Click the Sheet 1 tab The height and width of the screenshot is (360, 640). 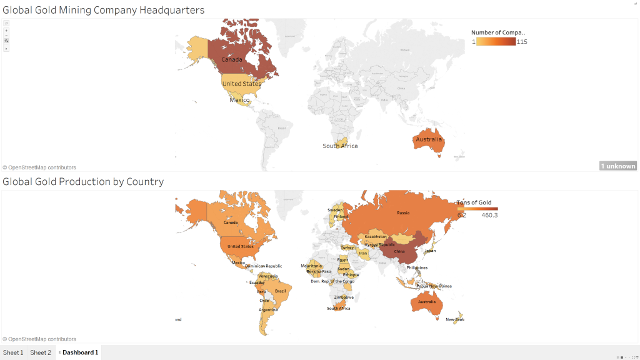click(13, 352)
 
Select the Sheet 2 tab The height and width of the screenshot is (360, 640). click(41, 352)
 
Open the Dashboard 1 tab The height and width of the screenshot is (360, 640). click(79, 352)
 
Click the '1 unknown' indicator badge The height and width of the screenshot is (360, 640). click(617, 166)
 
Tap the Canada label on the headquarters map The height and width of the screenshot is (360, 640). click(231, 60)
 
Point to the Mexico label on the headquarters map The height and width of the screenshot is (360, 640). click(239, 100)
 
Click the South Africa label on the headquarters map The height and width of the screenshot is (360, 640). click(340, 146)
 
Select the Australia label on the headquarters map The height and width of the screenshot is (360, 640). click(429, 139)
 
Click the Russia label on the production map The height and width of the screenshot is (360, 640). click(403, 213)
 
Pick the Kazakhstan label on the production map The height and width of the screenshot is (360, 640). click(376, 237)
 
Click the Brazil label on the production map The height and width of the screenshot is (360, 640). click(280, 291)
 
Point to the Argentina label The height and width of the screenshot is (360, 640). click(268, 310)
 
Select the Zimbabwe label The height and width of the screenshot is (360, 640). click(343, 297)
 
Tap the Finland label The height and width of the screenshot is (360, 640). click(341, 217)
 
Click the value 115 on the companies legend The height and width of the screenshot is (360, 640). click(522, 42)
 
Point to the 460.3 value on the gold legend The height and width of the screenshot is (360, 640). click(489, 216)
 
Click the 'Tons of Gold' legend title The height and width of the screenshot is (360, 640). click(474, 202)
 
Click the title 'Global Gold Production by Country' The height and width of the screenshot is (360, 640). click(83, 182)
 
